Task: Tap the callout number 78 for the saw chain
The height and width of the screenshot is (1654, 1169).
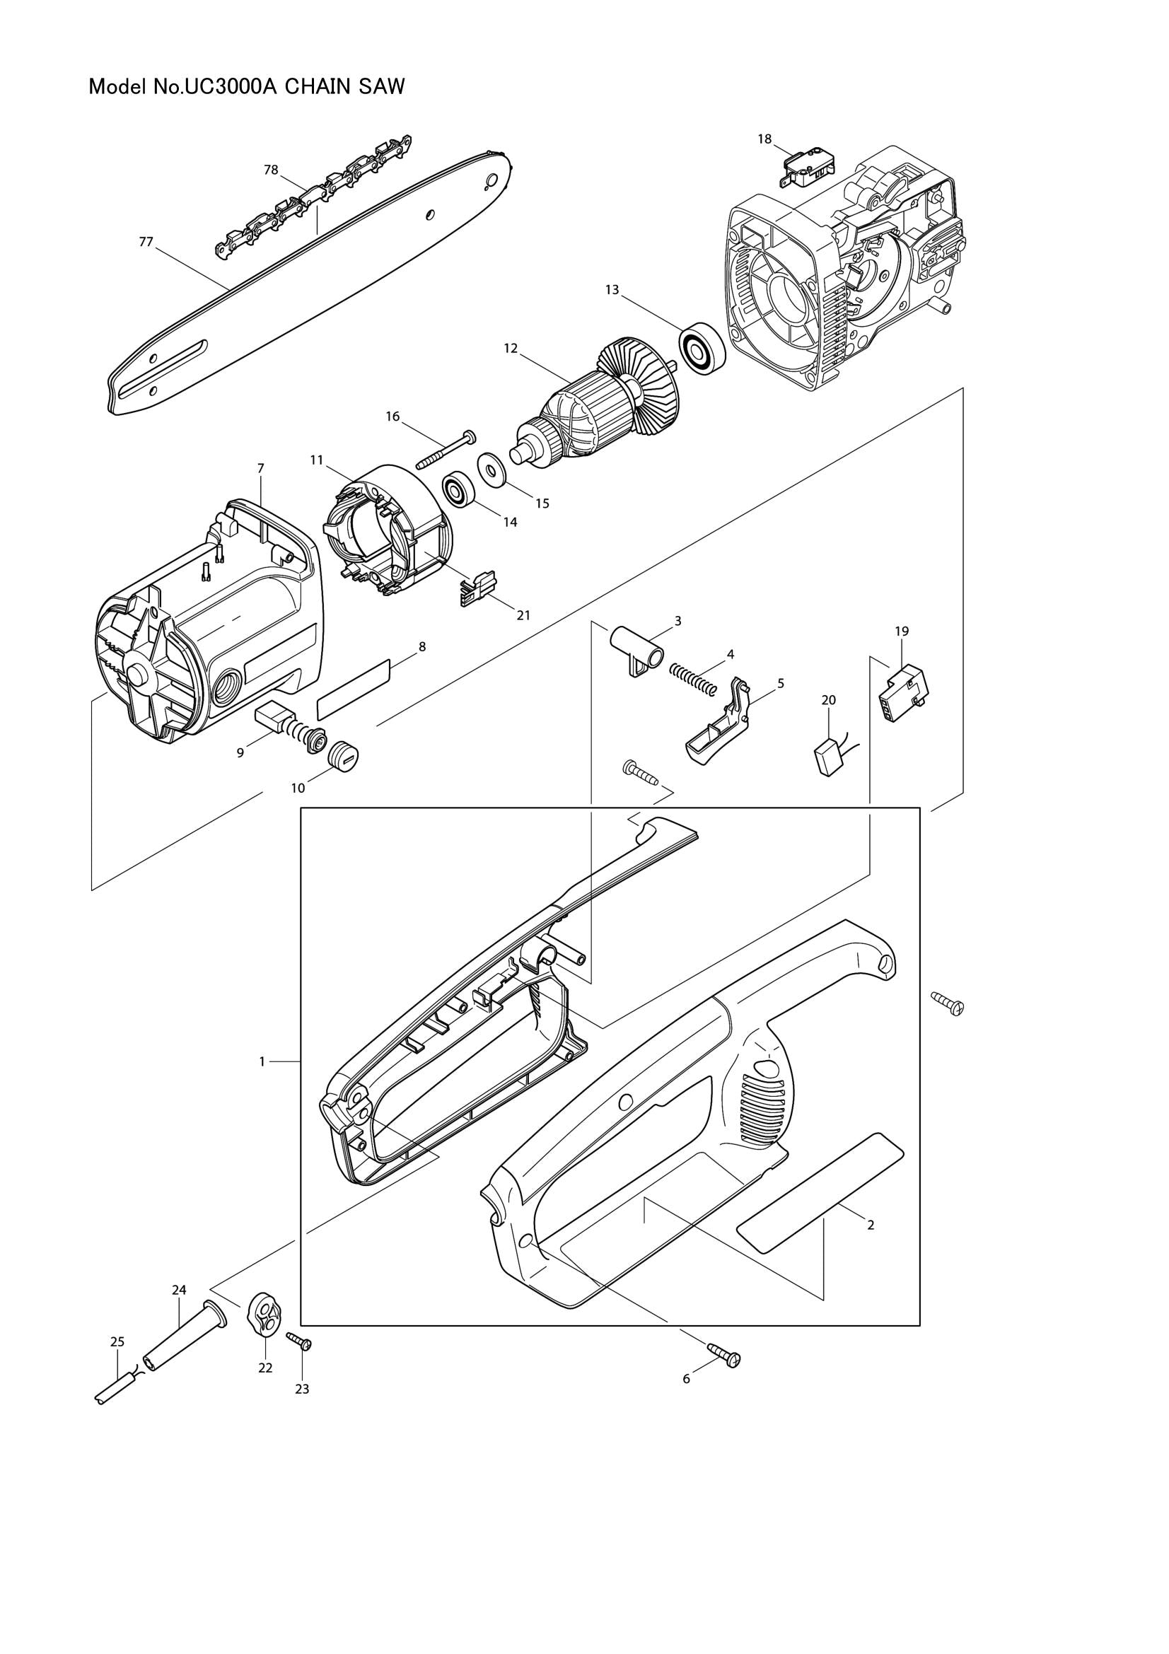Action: point(271,170)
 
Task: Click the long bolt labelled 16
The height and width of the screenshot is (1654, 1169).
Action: point(444,451)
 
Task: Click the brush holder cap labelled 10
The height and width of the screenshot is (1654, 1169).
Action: point(343,757)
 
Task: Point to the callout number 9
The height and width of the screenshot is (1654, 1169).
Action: point(240,753)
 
